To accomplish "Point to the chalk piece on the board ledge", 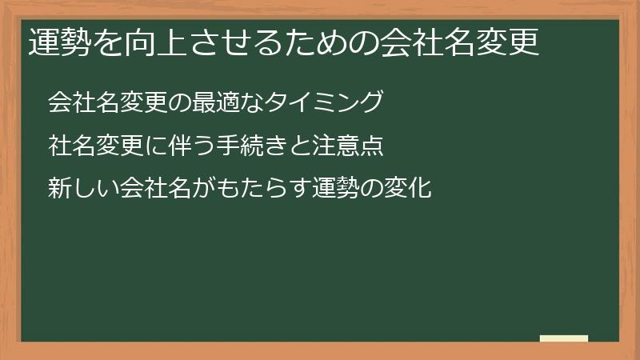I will coord(564,338).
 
